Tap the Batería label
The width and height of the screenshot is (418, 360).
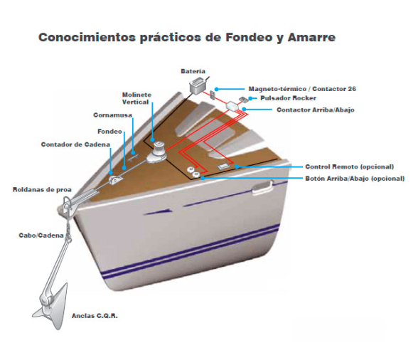(x=193, y=71)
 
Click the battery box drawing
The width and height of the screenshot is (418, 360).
(x=198, y=85)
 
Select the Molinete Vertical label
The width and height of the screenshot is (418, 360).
(x=136, y=98)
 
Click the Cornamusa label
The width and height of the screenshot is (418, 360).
(x=112, y=115)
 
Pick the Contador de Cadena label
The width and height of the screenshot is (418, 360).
(x=75, y=144)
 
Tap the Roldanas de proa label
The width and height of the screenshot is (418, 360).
(x=42, y=190)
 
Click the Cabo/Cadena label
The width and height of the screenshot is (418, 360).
(x=41, y=235)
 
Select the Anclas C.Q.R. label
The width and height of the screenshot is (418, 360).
(x=95, y=316)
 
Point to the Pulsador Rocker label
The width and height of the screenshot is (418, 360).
(x=288, y=98)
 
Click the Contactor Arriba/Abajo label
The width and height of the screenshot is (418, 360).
(x=316, y=110)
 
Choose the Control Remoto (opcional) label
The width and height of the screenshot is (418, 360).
(x=350, y=166)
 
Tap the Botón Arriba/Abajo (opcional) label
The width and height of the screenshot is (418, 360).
(x=355, y=179)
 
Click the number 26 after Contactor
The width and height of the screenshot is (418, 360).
(x=352, y=89)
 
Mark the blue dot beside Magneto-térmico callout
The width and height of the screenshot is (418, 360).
(x=217, y=89)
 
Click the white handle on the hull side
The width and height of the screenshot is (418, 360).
(x=262, y=186)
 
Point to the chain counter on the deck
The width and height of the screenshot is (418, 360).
(x=116, y=180)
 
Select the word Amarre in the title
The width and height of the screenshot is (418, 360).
(x=311, y=38)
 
